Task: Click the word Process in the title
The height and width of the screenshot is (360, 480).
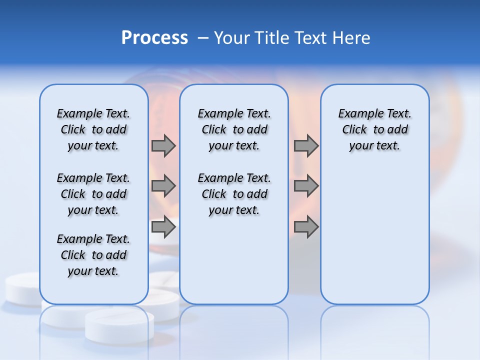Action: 154,38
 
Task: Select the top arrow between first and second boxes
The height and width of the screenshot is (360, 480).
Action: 163,145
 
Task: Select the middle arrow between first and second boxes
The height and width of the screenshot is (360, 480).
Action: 163,186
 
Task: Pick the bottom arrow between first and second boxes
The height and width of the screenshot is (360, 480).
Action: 163,227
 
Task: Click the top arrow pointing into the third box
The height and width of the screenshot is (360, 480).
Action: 306,145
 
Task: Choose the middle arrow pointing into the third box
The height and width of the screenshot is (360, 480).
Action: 306,186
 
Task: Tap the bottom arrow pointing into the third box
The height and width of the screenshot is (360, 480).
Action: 306,227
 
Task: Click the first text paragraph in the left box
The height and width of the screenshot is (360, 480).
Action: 93,129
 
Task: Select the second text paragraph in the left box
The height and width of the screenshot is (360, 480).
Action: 93,194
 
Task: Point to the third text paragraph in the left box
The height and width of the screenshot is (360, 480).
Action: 93,255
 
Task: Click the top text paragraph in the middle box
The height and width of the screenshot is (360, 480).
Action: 234,129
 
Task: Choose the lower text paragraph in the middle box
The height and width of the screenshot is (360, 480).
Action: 234,194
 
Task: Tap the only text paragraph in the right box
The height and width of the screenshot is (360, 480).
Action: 374,129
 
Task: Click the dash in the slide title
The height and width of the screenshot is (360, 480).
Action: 203,38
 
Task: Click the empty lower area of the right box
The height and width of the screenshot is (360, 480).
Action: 374,240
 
